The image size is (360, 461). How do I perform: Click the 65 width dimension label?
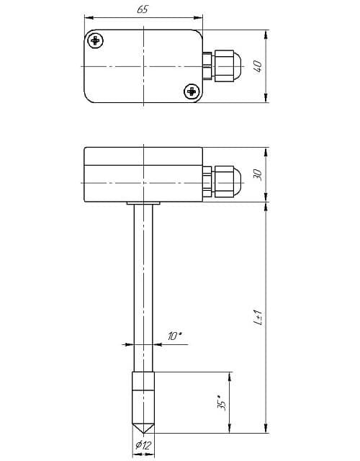(143, 9)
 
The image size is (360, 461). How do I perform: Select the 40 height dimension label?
(258, 66)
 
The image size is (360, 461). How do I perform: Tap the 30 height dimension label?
(258, 174)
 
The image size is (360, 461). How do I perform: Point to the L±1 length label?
(258, 318)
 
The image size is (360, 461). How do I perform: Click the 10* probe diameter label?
(175, 336)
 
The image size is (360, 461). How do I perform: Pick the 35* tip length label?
(222, 403)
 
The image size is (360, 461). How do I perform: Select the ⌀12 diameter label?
(143, 445)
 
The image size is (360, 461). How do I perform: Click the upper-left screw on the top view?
(96, 40)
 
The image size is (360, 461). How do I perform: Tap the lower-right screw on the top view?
(192, 91)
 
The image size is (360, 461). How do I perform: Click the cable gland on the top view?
(222, 66)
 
